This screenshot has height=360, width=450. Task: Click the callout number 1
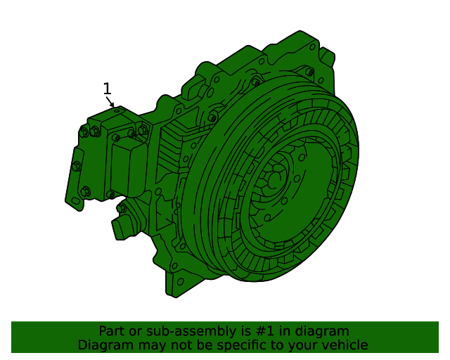[107, 89]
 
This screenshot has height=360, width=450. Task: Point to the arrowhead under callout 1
[112, 105]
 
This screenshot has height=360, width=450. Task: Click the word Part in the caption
[111, 331]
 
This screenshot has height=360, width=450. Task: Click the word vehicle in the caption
[345, 345]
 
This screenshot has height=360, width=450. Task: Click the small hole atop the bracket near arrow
[117, 111]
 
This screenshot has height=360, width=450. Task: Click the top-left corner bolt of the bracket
[84, 131]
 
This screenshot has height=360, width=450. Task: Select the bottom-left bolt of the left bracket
[86, 191]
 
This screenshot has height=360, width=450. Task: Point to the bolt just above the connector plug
[122, 208]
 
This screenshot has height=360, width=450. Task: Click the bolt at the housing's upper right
[309, 72]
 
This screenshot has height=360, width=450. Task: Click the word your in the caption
[305, 345]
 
